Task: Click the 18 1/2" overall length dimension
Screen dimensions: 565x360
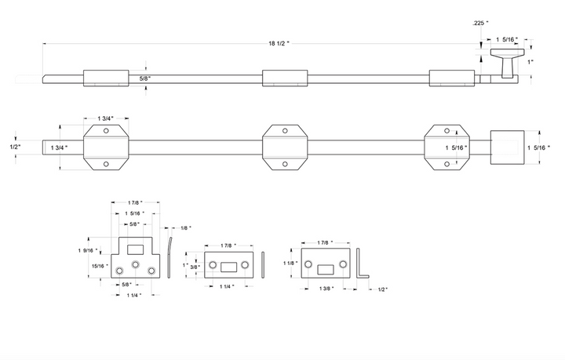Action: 279,44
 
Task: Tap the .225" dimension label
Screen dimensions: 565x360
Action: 480,23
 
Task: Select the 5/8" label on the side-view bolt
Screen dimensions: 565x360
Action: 145,78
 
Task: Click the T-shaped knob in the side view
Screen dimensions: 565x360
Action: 508,64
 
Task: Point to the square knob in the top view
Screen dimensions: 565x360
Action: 508,147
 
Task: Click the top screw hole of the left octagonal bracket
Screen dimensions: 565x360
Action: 106,131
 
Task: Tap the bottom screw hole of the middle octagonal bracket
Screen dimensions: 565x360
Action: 285,164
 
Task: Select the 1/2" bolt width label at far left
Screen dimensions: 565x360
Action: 15,147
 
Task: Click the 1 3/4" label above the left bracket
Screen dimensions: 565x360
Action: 106,118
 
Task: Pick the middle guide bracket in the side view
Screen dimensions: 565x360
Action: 285,78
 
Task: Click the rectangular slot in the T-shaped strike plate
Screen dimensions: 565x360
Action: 136,249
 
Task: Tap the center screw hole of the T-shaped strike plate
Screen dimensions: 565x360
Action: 136,264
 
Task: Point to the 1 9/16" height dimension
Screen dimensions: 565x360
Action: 88,250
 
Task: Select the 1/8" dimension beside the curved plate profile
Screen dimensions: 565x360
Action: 185,228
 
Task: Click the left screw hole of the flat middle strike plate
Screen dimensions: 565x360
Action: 213,265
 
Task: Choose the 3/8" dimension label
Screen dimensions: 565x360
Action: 195,267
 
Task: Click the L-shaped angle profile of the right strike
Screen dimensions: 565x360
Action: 362,264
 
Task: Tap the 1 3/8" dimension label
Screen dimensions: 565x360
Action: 326,289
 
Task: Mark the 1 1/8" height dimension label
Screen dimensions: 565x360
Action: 290,264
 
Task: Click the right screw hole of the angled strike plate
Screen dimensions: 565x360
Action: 343,264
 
